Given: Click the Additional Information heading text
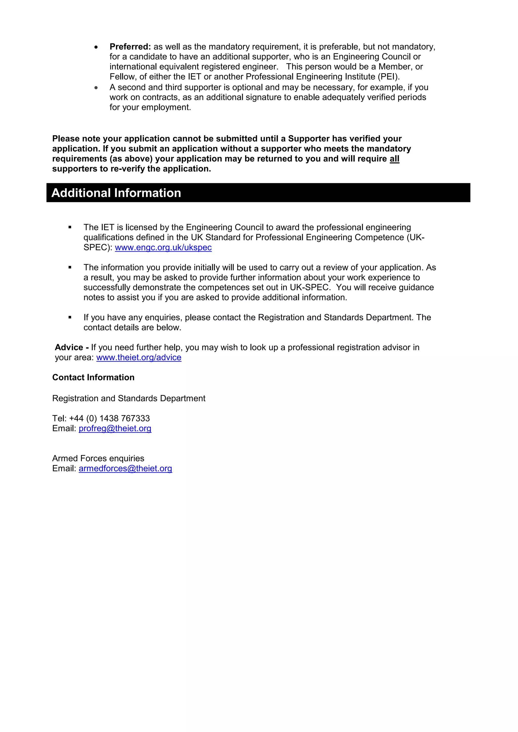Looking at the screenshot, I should pos(116,193).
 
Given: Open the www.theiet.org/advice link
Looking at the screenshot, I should pos(139,358).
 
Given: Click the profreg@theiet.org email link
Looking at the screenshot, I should pos(115,428).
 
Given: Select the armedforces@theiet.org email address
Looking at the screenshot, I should pos(125,469).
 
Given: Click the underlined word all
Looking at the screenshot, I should pos(394,159).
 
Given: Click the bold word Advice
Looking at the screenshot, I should pos(69,348).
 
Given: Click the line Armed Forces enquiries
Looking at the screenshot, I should pos(98,459).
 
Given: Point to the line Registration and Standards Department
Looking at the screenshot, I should pos(128,399).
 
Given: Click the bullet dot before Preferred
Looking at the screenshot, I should pos(96,47).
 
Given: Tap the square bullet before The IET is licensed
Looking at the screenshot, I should pos(70,227).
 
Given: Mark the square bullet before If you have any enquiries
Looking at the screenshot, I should pos(70,317).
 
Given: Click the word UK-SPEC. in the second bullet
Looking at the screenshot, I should pos(310,288).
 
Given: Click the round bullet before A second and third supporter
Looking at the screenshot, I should pos(96,87).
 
